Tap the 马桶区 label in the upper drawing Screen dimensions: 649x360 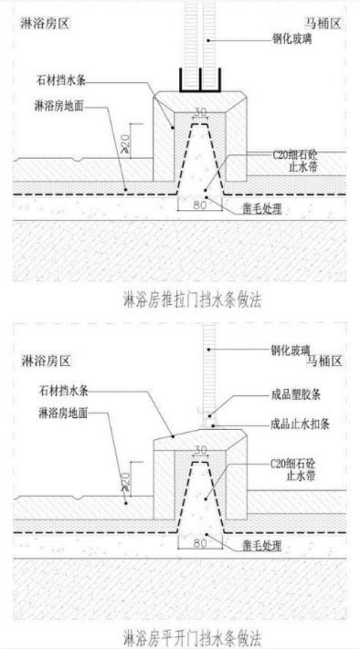coord(323,24)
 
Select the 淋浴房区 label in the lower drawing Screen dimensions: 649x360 coord(46,360)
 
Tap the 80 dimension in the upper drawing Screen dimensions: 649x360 coord(200,205)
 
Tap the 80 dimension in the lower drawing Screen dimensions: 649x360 coord(200,543)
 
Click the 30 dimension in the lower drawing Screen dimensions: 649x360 coord(200,450)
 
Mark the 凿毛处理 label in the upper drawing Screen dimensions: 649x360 coord(262,210)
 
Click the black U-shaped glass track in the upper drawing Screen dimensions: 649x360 coord(200,82)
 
